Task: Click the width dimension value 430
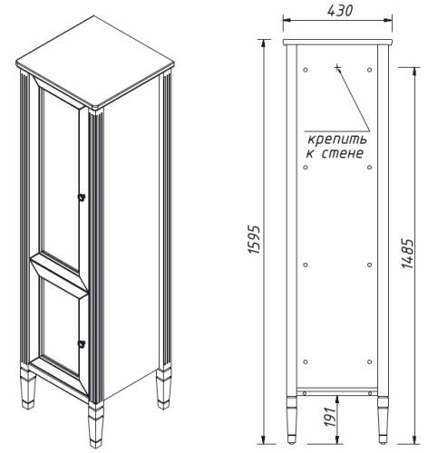[x=336, y=10]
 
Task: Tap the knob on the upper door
[x=81, y=197]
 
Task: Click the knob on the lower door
[x=81, y=342]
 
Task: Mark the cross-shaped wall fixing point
[x=336, y=67]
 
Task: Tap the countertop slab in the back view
[x=336, y=42]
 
